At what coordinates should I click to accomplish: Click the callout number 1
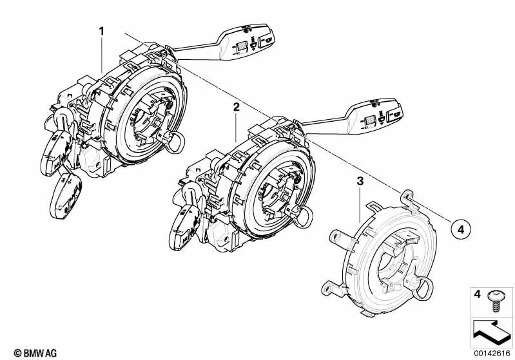(101, 30)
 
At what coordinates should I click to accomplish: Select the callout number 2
(237, 108)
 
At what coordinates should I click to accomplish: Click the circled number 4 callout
(460, 227)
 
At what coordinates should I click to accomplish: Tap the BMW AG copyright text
(26, 352)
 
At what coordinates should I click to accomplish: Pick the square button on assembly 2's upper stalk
(371, 119)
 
